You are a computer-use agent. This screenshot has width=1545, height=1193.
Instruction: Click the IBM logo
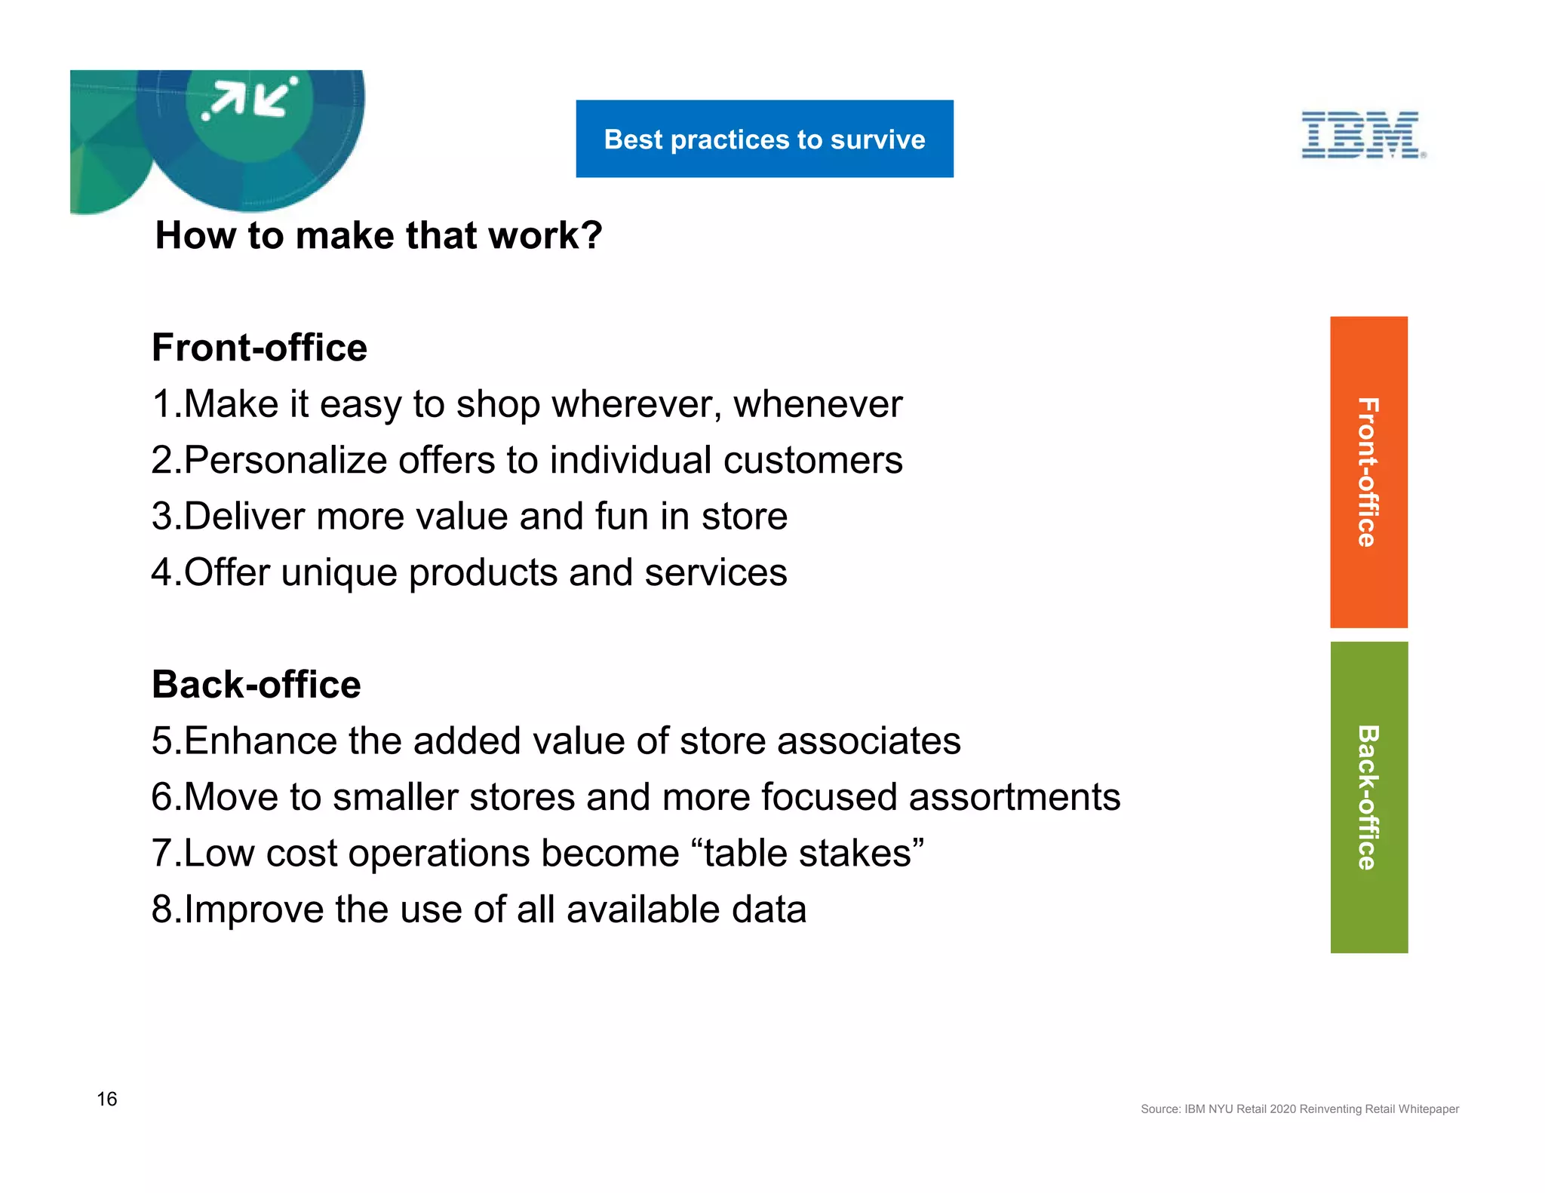point(1362,135)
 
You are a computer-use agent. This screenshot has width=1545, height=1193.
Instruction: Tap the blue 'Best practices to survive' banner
point(764,139)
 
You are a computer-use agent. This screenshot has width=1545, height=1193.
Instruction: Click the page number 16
point(106,1099)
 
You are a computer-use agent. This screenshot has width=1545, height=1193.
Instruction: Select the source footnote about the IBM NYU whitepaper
point(1299,1109)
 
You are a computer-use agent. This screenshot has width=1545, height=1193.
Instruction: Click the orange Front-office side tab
point(1368,472)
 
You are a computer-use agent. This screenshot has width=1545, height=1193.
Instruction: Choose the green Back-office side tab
point(1368,797)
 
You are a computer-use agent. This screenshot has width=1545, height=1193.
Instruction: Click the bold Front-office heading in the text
point(259,348)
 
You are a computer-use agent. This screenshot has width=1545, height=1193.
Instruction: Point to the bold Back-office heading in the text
point(256,684)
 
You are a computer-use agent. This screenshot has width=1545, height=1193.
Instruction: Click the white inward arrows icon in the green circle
point(250,99)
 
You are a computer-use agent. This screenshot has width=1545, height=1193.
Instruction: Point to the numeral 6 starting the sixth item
point(161,797)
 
